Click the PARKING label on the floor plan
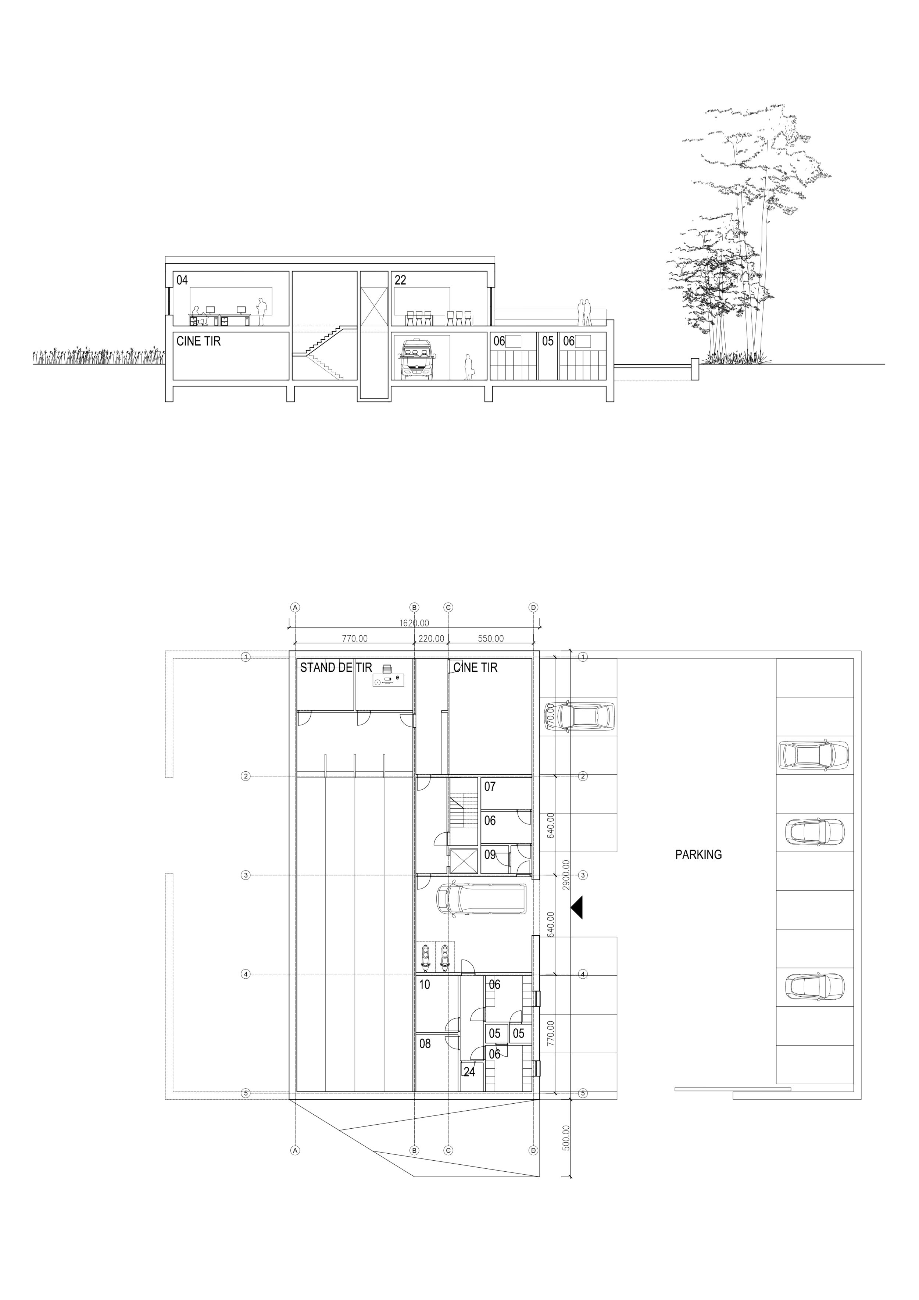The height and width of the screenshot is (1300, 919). tap(698, 854)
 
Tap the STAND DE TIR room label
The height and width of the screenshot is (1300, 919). tap(336, 668)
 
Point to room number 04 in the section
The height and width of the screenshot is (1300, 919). tap(182, 280)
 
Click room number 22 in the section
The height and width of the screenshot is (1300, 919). tap(400, 280)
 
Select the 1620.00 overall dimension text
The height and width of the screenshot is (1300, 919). tap(415, 623)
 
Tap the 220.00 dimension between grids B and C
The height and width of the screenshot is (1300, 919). tap(431, 639)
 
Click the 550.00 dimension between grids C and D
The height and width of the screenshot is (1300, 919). tap(490, 639)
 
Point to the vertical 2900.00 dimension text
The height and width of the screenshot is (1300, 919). tap(566, 875)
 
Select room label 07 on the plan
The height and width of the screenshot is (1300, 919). tap(490, 786)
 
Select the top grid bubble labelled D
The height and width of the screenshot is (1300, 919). tap(533, 607)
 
